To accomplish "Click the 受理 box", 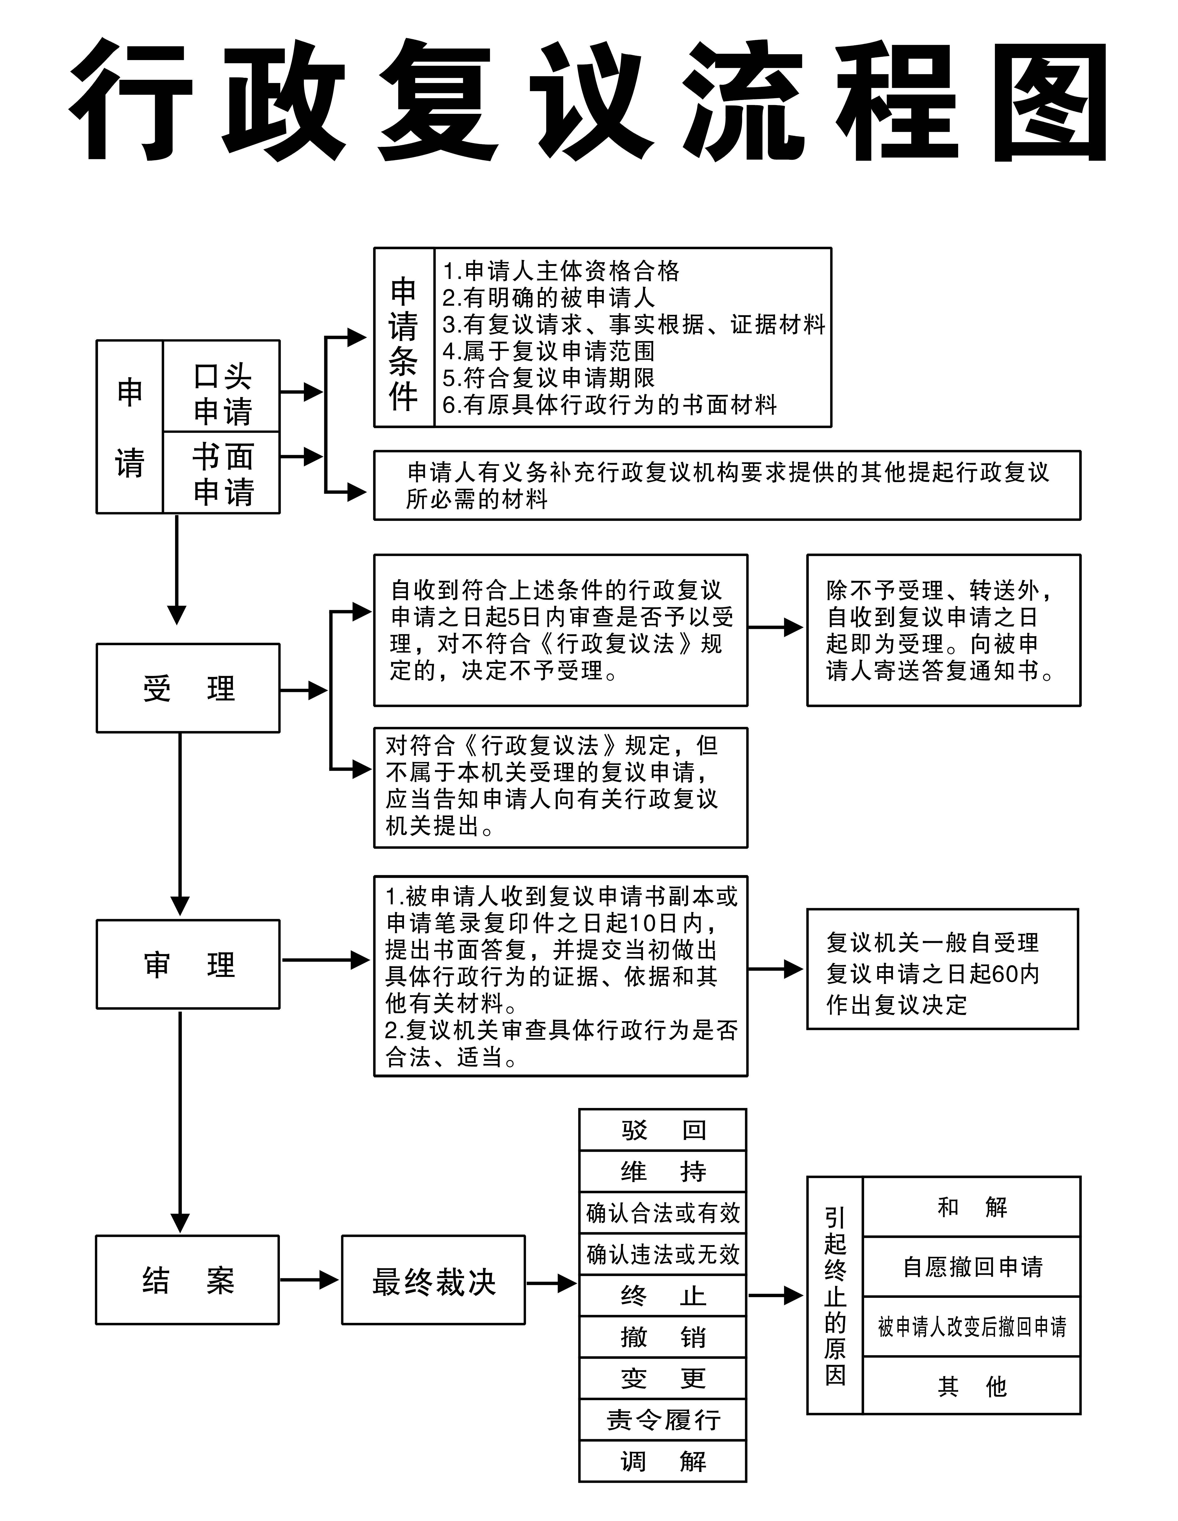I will (188, 688).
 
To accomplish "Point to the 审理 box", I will (188, 965).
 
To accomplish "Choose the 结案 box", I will (187, 1280).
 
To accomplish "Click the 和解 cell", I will (971, 1207).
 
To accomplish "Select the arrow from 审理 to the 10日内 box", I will (326, 960).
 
